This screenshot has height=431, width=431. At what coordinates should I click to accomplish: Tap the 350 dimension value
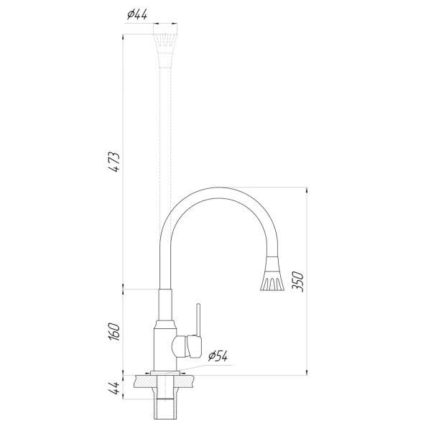pos(297,282)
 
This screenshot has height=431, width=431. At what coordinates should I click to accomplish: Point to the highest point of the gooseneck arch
pos(215,188)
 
